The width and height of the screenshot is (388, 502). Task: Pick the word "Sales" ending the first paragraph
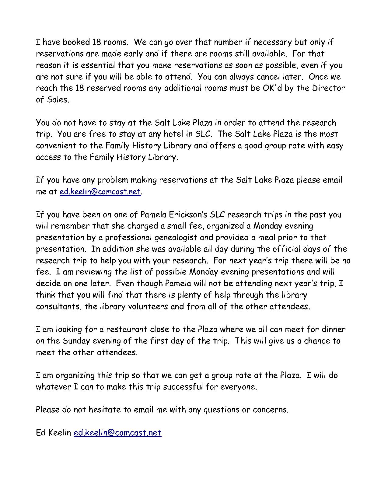click(57, 100)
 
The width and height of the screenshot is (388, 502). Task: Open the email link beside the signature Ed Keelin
click(117, 433)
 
